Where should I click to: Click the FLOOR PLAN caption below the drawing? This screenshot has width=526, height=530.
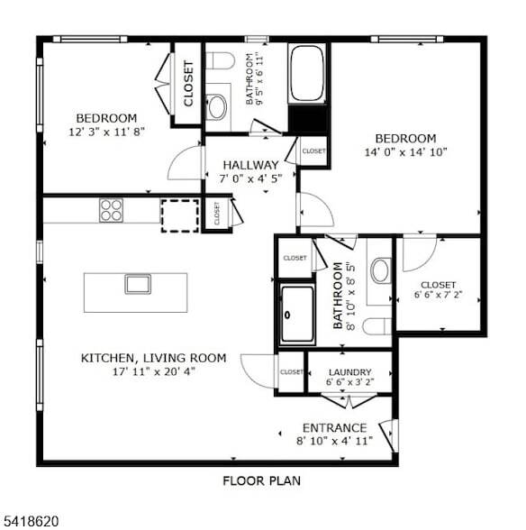point(261,480)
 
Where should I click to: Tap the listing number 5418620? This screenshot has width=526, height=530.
point(31,520)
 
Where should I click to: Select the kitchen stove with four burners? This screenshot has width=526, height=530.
point(111,210)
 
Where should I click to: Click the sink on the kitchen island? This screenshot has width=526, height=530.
point(138,284)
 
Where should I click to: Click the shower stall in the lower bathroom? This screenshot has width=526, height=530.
point(296,315)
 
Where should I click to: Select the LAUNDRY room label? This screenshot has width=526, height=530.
point(349,371)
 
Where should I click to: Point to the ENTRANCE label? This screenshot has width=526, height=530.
point(334,427)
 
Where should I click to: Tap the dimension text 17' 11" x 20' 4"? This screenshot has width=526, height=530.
point(154,370)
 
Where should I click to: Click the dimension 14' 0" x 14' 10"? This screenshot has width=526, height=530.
point(405,151)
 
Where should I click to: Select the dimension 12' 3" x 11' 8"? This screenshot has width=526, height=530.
point(105,132)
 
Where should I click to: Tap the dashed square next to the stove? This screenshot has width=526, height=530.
point(179,215)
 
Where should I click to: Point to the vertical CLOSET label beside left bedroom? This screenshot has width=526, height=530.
point(188,83)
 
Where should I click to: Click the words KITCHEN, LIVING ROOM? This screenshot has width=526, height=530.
point(154,358)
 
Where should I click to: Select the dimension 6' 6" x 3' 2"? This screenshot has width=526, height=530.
point(349,383)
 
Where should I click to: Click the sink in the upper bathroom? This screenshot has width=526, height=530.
point(217,107)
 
